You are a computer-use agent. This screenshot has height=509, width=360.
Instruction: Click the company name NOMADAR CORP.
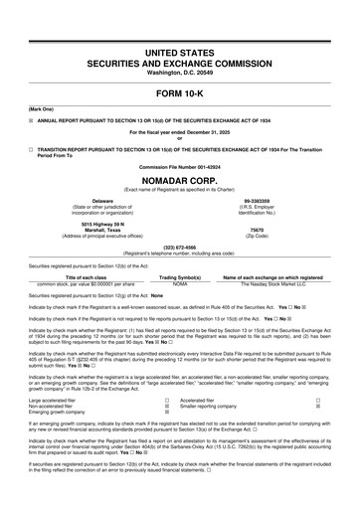coord(179,181)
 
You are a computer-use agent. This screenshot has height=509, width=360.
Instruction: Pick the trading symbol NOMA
coord(180,283)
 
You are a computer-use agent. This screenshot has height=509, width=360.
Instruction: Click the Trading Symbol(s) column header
coord(180,276)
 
